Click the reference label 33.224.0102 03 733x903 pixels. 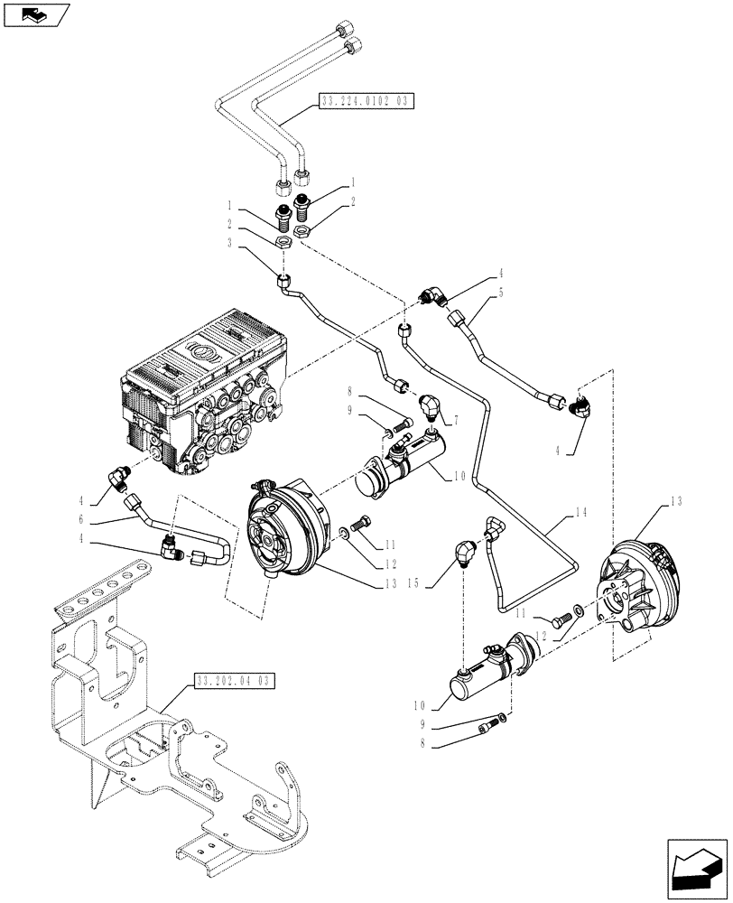pos(366,103)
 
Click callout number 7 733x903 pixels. pos(457,421)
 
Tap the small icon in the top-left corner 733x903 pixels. pos(33,14)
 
